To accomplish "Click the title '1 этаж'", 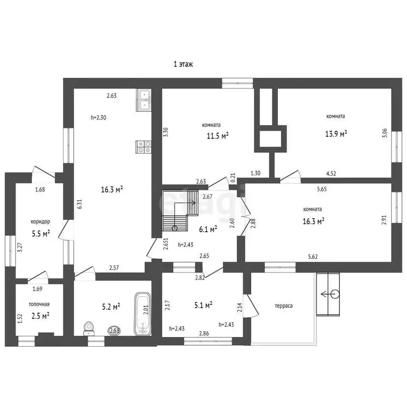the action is click(x=183, y=64).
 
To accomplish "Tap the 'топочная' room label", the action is click(x=39, y=304).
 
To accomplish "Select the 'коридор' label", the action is click(x=40, y=221).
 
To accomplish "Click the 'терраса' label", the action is click(x=284, y=306).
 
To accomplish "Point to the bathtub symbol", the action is click(x=143, y=314).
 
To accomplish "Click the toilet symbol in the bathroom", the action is click(x=89, y=329).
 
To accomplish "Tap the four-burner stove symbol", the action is click(x=144, y=147).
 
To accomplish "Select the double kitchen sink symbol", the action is click(x=144, y=100).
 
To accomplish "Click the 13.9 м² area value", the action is click(x=336, y=133).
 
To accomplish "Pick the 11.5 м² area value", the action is click(x=218, y=136).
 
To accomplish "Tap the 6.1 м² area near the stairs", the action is click(x=208, y=229).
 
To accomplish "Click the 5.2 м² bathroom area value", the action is click(x=111, y=307).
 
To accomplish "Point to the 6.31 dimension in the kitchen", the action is click(x=80, y=203).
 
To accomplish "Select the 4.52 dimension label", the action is click(x=331, y=174).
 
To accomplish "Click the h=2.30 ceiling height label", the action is click(x=98, y=117).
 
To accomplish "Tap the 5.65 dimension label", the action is click(x=322, y=189).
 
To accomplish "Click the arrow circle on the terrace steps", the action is click(x=335, y=294).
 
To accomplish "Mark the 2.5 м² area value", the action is click(x=41, y=316).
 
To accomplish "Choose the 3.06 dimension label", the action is click(x=385, y=133).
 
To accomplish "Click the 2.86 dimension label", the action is click(x=204, y=333).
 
